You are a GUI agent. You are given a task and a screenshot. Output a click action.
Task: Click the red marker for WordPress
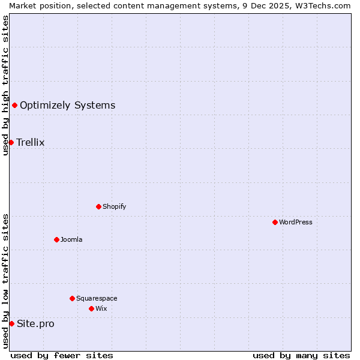click(275, 222)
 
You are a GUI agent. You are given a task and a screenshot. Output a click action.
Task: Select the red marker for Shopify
click(98, 206)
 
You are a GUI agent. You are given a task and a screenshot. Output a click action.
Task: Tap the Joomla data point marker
click(56, 239)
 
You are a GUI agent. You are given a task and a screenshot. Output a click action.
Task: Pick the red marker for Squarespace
click(72, 298)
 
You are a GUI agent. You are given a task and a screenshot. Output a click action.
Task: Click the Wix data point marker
click(91, 308)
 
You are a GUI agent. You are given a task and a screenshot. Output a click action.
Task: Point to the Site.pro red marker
click(11, 324)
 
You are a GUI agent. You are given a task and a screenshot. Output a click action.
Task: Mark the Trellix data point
click(11, 142)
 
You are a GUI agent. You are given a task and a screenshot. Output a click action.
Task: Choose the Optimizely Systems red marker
click(14, 106)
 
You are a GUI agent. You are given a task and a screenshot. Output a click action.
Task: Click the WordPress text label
click(296, 222)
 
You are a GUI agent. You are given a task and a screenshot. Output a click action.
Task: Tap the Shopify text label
click(114, 206)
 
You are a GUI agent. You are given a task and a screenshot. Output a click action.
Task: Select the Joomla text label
click(71, 239)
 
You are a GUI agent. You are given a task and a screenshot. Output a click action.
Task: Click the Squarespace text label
click(97, 298)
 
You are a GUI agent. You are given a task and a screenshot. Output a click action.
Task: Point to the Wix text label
click(101, 308)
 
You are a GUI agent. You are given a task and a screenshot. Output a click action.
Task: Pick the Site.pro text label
click(35, 324)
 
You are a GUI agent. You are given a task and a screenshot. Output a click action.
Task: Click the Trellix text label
click(31, 142)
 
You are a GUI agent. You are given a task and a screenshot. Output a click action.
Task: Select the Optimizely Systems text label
click(67, 106)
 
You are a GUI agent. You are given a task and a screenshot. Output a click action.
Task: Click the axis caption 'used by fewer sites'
click(62, 355)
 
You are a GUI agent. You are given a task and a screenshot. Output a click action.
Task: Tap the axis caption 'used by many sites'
click(301, 355)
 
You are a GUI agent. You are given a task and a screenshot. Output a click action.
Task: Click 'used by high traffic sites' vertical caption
click(5, 85)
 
